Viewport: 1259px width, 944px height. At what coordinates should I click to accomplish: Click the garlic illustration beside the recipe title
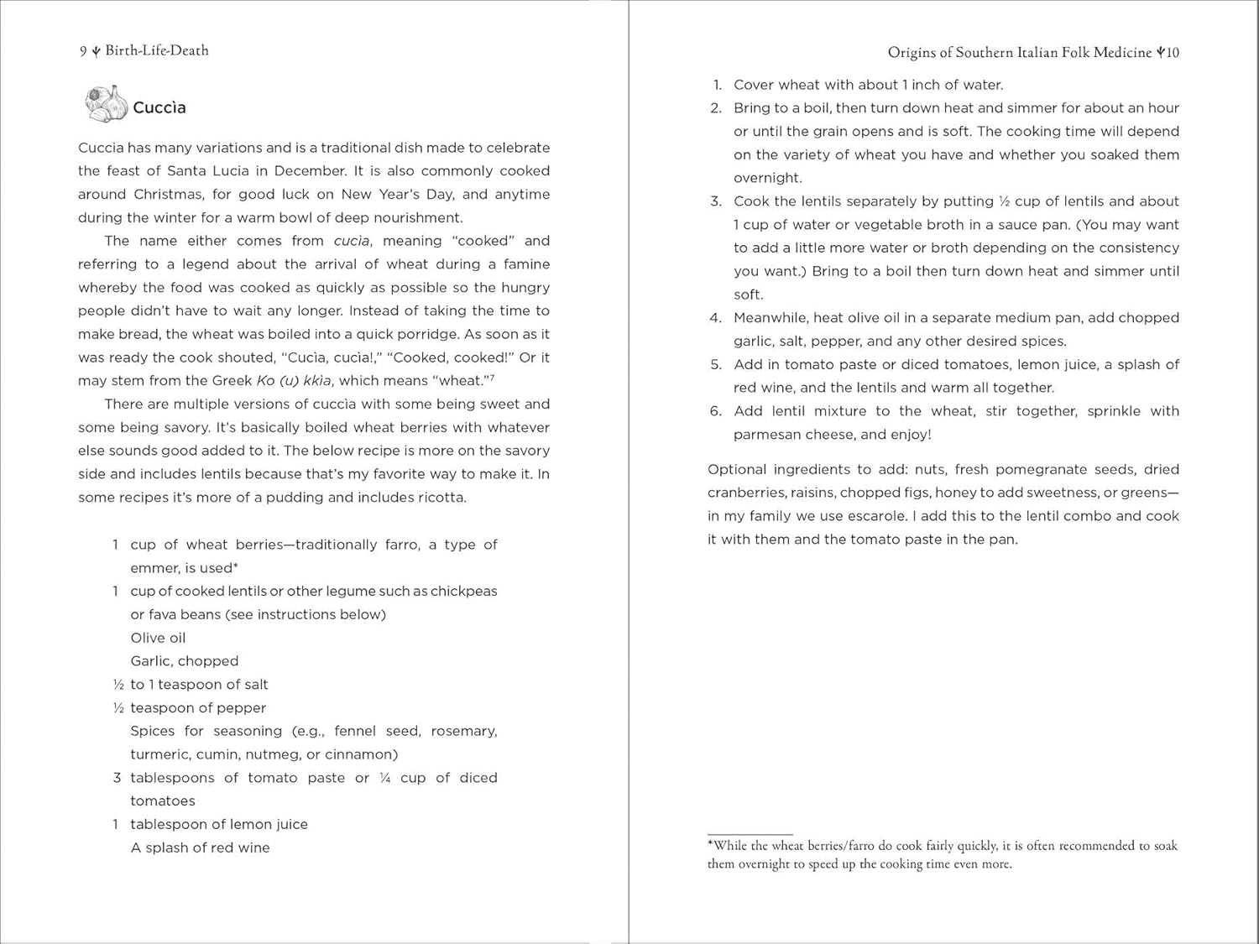pyautogui.click(x=106, y=104)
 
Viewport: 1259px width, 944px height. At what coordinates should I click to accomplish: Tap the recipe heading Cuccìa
pyautogui.click(x=159, y=107)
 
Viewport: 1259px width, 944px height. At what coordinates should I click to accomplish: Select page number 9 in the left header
pyautogui.click(x=83, y=51)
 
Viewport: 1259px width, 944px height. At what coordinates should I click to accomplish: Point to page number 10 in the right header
pyautogui.click(x=1172, y=53)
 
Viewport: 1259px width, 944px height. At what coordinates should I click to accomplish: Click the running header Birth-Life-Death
pyautogui.click(x=157, y=50)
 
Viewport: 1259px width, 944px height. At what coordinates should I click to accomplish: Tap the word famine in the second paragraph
pyautogui.click(x=526, y=264)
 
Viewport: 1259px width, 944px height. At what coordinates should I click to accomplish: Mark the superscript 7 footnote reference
pyautogui.click(x=492, y=378)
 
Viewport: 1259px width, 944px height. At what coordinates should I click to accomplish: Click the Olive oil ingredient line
pyautogui.click(x=158, y=638)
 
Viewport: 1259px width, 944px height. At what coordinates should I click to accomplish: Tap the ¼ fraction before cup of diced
pyautogui.click(x=384, y=778)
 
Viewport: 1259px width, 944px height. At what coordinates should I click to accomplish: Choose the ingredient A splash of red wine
pyautogui.click(x=200, y=848)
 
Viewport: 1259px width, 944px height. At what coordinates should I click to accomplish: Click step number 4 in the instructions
pyautogui.click(x=715, y=318)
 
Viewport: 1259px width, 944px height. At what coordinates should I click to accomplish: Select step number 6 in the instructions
pyautogui.click(x=715, y=411)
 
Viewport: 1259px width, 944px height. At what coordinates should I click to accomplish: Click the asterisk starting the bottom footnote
pyautogui.click(x=710, y=843)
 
